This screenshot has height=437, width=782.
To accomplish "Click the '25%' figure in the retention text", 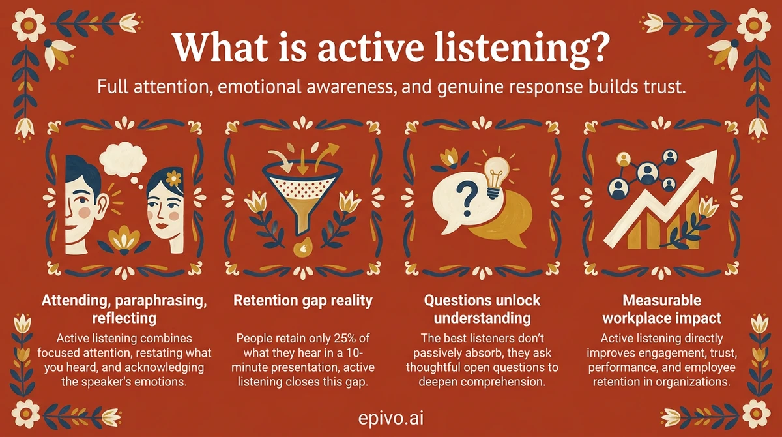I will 340,340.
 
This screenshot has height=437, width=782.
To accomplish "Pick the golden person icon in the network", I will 622,159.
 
